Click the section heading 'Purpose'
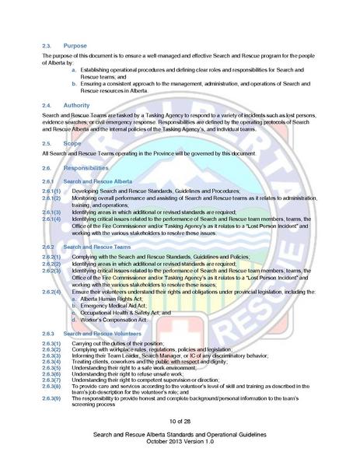pyautogui.click(x=75, y=46)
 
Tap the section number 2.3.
pyautogui.click(x=47, y=46)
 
